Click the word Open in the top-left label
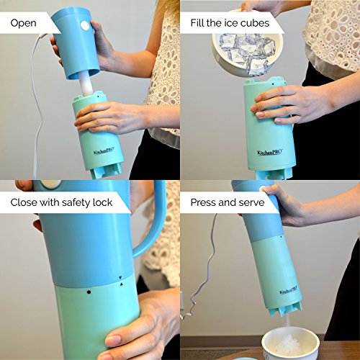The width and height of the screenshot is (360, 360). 23,23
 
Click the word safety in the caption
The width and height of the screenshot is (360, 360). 74,203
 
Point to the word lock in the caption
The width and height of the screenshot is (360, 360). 102,202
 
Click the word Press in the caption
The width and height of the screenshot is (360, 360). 203,202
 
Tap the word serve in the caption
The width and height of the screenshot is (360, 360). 251,203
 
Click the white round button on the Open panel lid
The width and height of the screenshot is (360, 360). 85,26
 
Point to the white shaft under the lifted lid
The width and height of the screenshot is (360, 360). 86,84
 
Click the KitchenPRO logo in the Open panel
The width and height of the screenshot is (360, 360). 104,151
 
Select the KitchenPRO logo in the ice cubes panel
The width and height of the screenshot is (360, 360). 270,152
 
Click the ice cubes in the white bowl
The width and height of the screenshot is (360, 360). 246,53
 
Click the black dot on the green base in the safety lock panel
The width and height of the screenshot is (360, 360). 89,292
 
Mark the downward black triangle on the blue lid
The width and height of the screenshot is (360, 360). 120,278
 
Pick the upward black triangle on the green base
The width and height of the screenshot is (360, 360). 121,284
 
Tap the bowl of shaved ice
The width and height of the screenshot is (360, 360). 290,343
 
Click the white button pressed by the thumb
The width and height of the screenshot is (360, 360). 262,189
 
